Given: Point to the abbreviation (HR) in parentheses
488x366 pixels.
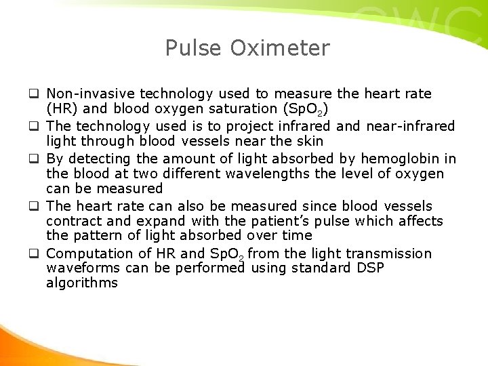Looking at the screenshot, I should tap(61, 109).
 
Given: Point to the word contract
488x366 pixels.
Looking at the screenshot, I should tap(73, 221).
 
